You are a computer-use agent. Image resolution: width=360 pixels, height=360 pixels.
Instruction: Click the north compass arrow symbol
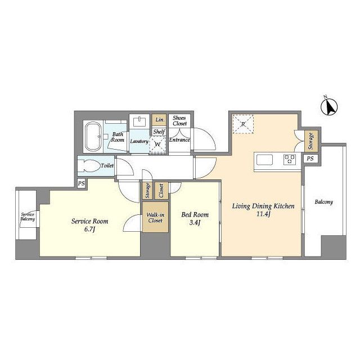[329, 107]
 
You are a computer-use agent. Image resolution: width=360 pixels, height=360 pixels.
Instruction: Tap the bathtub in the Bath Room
[93, 137]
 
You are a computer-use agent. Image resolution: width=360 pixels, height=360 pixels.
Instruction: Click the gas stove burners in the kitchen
[290, 159]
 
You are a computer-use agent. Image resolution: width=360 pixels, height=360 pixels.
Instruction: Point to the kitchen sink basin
[264, 160]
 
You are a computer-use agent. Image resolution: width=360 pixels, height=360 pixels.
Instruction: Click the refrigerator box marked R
[243, 124]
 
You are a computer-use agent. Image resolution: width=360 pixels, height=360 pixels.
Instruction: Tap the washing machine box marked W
[157, 145]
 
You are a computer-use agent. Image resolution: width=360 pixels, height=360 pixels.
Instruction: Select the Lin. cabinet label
[159, 120]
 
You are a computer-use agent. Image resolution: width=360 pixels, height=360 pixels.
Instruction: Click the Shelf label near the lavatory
[159, 132]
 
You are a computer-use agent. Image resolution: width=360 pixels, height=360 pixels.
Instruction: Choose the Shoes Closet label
[179, 121]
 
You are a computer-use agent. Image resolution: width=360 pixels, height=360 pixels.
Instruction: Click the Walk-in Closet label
[155, 218]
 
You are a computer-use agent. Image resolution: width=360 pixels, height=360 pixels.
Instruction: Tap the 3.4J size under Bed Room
[195, 223]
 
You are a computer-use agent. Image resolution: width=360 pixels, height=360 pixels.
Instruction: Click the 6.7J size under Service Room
[89, 229]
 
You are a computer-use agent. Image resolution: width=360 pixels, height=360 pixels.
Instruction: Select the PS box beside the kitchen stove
[310, 159]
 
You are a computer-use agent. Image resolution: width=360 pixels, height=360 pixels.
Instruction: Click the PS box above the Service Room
[81, 184]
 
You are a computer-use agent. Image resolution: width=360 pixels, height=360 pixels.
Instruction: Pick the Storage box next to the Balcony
[311, 141]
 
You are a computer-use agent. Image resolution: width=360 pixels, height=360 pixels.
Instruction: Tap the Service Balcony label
[28, 217]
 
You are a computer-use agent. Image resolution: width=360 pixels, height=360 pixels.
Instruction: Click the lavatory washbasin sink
[139, 122]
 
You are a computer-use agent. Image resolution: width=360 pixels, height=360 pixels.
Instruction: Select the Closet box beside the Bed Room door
[161, 191]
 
